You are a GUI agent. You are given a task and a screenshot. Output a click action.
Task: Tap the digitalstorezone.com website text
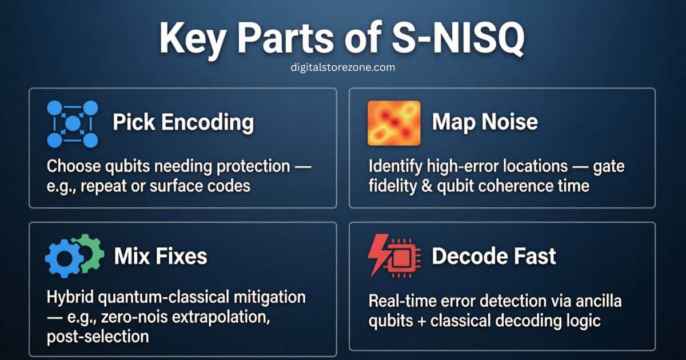[x=342, y=67]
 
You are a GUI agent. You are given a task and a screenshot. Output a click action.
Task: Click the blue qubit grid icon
[x=72, y=123]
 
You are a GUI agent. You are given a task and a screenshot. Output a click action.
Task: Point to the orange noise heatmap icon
[x=393, y=122]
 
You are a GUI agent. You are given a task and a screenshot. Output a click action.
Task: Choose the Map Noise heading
[x=485, y=122]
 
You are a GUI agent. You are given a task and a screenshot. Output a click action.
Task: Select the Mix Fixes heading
[x=160, y=256]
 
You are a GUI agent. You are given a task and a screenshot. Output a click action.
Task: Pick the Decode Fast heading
[x=493, y=256]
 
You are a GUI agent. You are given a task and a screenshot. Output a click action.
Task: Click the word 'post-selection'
[x=98, y=336]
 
